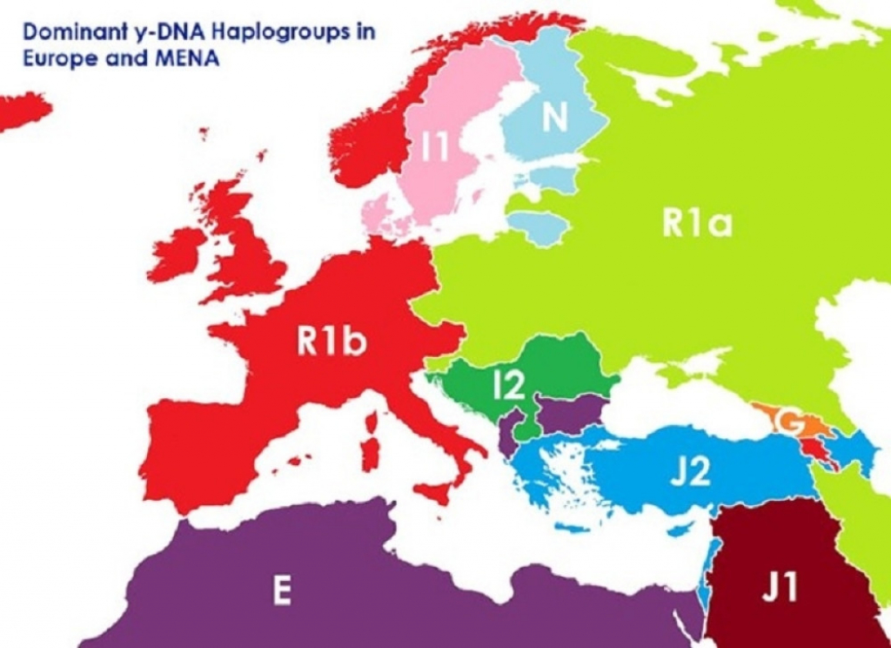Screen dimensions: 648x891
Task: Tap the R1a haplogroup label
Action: (x=696, y=224)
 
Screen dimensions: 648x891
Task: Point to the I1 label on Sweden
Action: (x=434, y=148)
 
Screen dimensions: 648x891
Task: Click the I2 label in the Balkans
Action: (x=509, y=386)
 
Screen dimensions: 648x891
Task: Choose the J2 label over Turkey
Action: (x=689, y=471)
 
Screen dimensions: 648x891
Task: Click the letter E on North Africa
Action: (x=281, y=592)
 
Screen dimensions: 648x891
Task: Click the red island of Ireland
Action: (x=178, y=255)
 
